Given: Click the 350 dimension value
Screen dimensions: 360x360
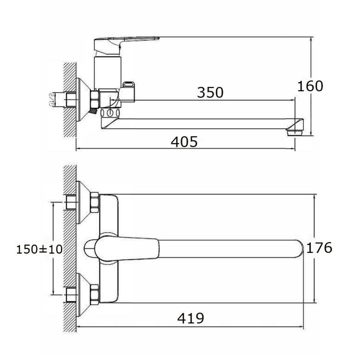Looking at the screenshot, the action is pos(210,92).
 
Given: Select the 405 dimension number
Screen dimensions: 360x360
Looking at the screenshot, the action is pos(184,141).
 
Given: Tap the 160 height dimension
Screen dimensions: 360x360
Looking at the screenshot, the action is pos(310,86).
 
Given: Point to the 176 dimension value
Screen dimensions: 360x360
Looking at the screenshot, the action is pos(319,248).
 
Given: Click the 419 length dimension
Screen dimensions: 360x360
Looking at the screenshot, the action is pos(190,318).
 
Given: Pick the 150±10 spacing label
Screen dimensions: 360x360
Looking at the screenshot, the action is pos(40,249).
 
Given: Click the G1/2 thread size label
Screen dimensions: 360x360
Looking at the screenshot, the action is pos(51,99).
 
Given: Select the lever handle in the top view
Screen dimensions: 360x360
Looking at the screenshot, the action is pos(127,249).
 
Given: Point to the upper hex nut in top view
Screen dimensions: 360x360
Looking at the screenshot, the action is pos(94,202).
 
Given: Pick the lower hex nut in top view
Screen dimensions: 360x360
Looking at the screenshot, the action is pos(94,294).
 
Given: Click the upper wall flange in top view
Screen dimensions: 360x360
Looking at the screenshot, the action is pos(83,202).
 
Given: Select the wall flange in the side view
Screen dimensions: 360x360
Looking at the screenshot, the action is pos(83,99).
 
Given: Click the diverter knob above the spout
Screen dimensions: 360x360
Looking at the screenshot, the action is pos(129,91).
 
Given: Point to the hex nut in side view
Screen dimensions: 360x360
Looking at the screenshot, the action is pos(95,99).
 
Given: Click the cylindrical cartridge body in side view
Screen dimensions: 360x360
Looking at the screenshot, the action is pos(107,73).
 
